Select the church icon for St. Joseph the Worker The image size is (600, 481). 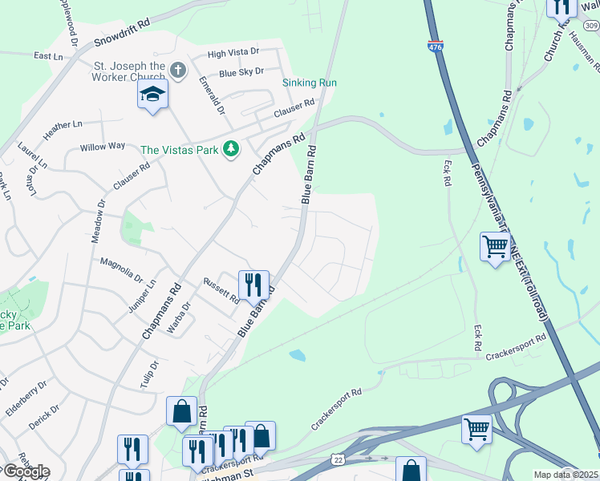coord(178,71)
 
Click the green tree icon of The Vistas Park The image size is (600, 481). coord(231,149)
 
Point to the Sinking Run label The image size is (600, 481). coord(309,83)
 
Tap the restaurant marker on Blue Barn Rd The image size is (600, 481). coord(253,284)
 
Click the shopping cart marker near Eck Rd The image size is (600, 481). coord(495,245)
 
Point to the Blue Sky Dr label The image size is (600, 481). coord(241,72)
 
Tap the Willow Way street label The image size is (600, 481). coord(102,147)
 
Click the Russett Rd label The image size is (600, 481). coord(221,289)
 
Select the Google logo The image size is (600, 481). coord(25,471)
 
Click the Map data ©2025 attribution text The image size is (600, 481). coord(566,475)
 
